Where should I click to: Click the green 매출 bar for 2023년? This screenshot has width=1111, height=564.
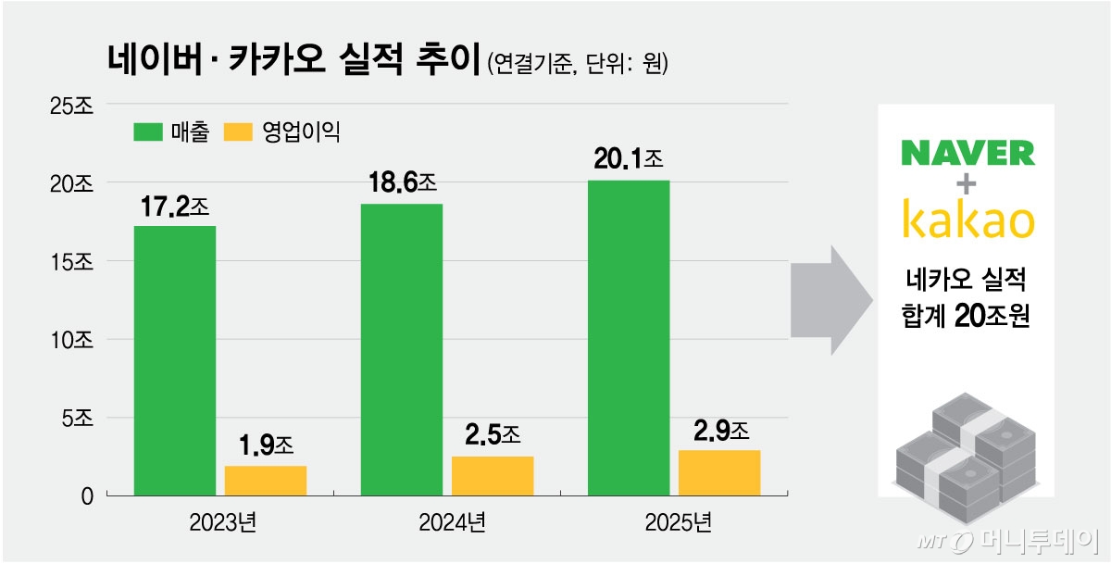coord(175,361)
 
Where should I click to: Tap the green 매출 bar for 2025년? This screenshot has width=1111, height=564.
coord(629,338)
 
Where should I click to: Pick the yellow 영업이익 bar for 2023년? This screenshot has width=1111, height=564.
coord(266,481)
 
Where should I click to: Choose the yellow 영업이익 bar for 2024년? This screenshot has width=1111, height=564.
coord(493,476)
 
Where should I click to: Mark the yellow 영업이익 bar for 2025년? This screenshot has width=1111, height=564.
coord(719,472)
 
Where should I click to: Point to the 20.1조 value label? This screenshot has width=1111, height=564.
coord(629,159)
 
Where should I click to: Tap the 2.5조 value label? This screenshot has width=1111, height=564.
coord(491,434)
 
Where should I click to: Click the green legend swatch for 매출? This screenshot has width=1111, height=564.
coord(148,132)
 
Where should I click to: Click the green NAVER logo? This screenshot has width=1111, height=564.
coord(967,153)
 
